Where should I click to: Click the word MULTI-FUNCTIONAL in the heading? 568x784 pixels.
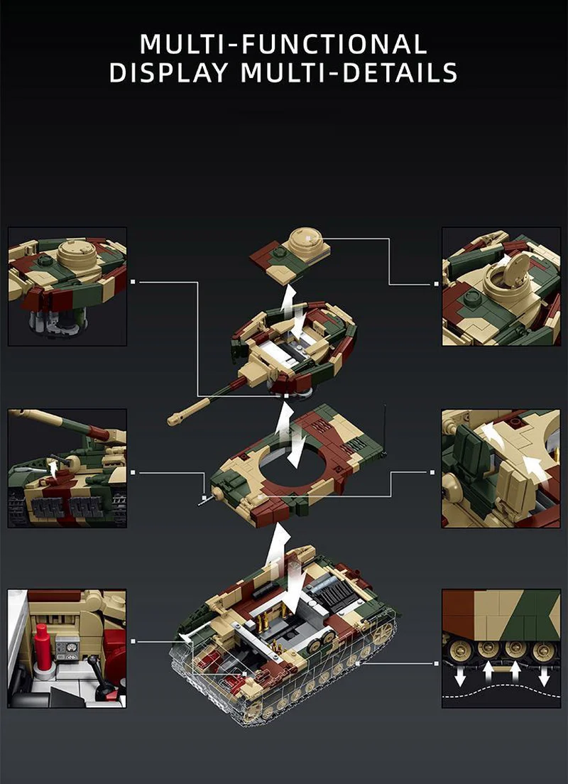pyautogui.click(x=283, y=43)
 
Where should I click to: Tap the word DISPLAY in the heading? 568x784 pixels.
pyautogui.click(x=169, y=72)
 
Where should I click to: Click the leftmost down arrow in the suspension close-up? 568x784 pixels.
pyautogui.click(x=460, y=676)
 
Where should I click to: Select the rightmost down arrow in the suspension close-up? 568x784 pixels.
pyautogui.click(x=544, y=676)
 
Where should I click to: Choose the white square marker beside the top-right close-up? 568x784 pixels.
pyautogui.click(x=435, y=284)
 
